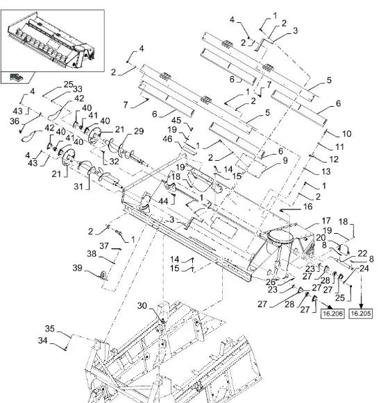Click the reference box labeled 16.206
tap(332, 314)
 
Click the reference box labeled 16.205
tap(361, 314)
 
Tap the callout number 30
tap(142, 306)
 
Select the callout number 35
tap(50, 329)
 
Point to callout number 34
tap(42, 341)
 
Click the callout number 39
tap(78, 268)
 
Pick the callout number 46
tap(167, 139)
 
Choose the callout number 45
tap(176, 120)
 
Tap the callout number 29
tap(139, 131)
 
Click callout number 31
tap(78, 186)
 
